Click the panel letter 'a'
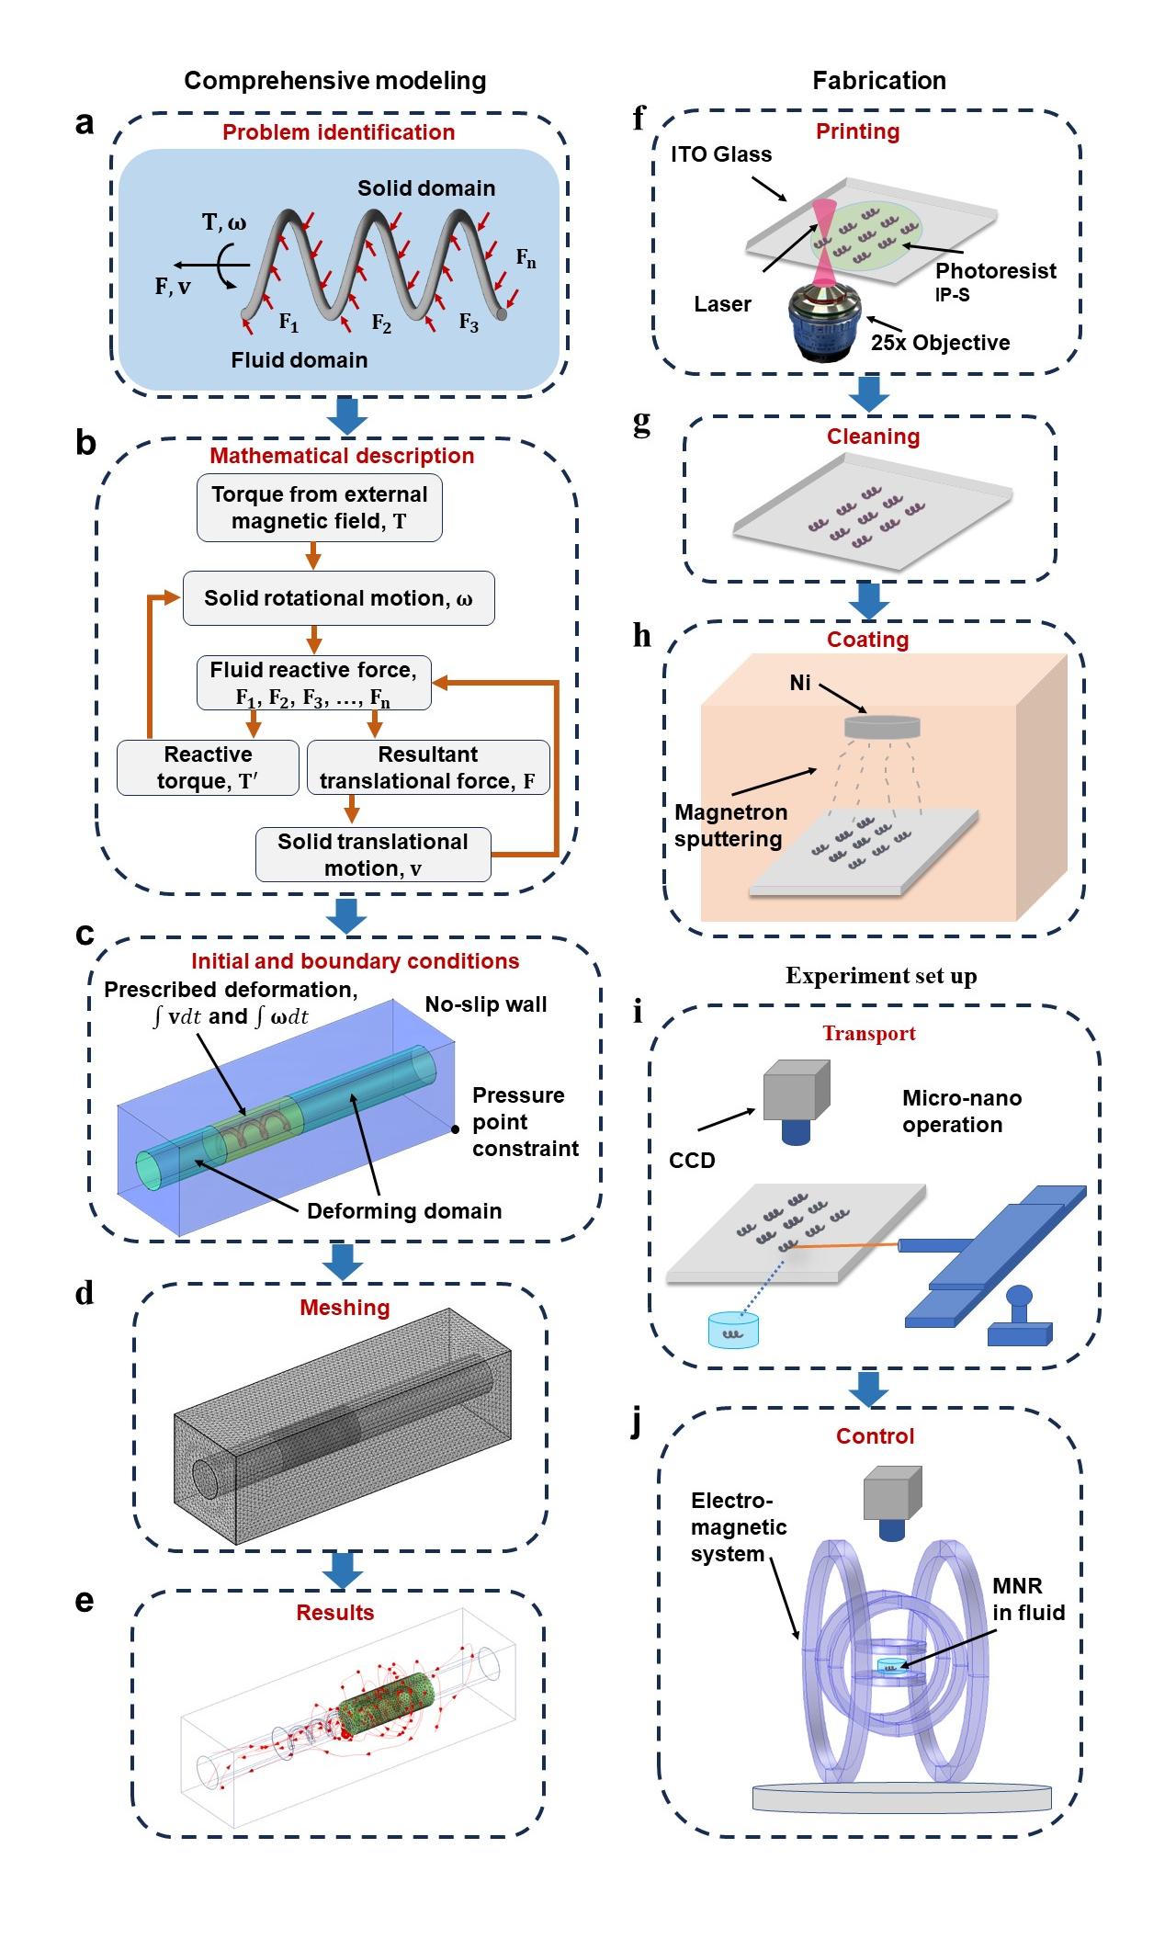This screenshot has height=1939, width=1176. click(x=85, y=123)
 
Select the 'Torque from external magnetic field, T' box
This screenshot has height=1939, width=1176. click(x=319, y=507)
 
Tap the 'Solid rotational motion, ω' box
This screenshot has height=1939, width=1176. click(x=338, y=598)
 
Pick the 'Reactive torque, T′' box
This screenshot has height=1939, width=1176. click(x=209, y=767)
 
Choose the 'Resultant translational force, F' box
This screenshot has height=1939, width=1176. click(x=427, y=767)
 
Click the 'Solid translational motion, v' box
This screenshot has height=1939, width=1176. click(x=372, y=855)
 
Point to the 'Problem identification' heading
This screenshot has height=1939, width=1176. click(x=338, y=132)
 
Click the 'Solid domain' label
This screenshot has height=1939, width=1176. click(x=426, y=188)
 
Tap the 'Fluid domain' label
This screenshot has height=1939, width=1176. click(x=299, y=360)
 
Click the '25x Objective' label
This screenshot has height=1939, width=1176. click(x=940, y=343)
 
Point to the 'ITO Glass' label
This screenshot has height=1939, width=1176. click(x=721, y=154)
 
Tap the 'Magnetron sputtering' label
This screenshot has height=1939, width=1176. click(x=730, y=825)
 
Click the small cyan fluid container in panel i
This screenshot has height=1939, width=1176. click(x=733, y=1330)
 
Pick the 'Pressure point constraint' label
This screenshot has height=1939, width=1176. click(x=526, y=1122)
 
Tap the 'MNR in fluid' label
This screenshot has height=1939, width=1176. click(x=1028, y=1599)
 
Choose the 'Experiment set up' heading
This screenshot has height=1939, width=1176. click(x=880, y=976)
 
